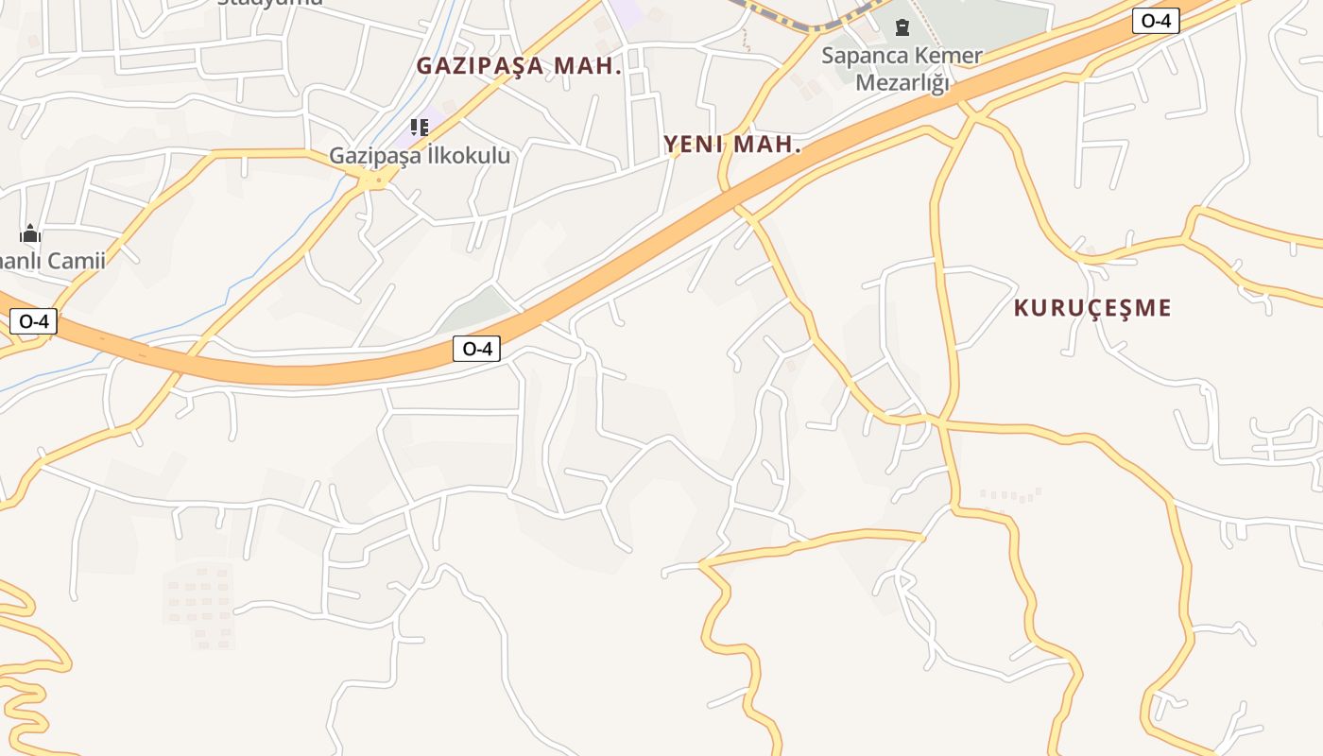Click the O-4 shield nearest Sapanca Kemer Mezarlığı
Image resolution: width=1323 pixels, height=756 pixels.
pyautogui.click(x=1156, y=21)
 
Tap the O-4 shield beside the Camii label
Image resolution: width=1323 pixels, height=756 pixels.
pyautogui.click(x=34, y=321)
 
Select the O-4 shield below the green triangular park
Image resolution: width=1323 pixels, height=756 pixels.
pyautogui.click(x=476, y=349)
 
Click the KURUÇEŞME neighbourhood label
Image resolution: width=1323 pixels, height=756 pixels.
pyautogui.click(x=1092, y=308)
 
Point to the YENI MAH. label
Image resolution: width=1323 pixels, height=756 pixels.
pyautogui.click(x=732, y=145)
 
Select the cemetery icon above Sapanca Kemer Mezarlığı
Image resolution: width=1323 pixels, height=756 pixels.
pyautogui.click(x=902, y=27)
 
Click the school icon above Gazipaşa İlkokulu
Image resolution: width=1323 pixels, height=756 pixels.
pyautogui.click(x=419, y=127)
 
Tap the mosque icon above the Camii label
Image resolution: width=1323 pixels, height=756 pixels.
pyautogui.click(x=30, y=233)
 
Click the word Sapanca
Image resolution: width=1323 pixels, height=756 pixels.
pyautogui.click(x=863, y=56)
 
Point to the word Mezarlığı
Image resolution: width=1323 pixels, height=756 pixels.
pyautogui.click(x=902, y=83)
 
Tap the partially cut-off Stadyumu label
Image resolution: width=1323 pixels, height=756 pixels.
pyautogui.click(x=270, y=3)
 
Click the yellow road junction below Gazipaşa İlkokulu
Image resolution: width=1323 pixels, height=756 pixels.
pyautogui.click(x=376, y=179)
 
